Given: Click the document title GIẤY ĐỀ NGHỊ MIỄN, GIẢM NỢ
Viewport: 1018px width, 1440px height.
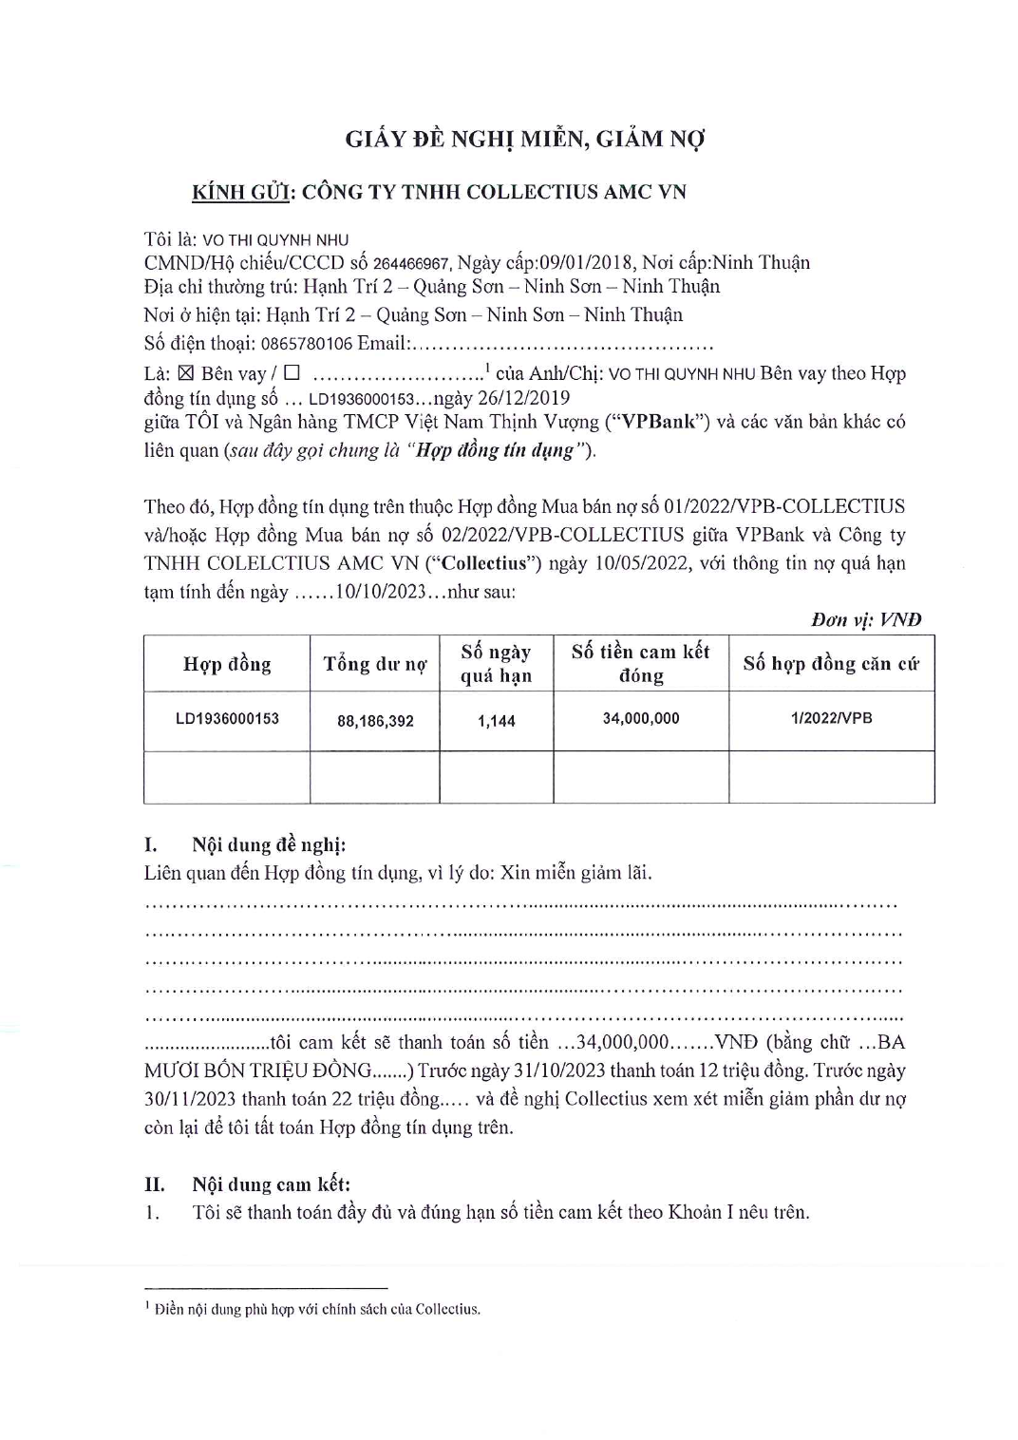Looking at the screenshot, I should click(x=525, y=140).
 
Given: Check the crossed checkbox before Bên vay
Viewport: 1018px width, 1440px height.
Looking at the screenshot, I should click(x=186, y=373).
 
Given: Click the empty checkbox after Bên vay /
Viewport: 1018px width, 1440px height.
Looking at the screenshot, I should click(x=292, y=373).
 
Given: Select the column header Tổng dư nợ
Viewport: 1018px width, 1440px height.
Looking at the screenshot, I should click(x=374, y=664).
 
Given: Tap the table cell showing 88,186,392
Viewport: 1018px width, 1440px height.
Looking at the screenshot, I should click(x=375, y=721).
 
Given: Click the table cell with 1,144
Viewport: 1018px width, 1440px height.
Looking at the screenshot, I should click(x=496, y=721).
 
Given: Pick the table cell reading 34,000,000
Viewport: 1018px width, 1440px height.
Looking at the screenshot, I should click(x=641, y=719).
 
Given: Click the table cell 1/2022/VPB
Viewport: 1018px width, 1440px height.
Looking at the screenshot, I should click(x=831, y=719).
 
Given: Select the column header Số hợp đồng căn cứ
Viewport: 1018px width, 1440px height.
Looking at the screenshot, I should click(x=831, y=664).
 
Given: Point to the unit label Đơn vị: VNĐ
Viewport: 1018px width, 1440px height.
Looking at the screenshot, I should click(x=865, y=620).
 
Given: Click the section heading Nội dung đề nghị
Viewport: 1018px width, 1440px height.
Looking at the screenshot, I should click(x=269, y=845).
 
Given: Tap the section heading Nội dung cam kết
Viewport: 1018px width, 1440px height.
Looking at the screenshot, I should click(x=271, y=1184).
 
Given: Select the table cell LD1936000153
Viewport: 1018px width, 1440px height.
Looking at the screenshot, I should click(x=227, y=719).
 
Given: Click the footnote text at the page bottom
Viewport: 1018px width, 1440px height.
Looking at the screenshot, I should click(x=316, y=1309).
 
